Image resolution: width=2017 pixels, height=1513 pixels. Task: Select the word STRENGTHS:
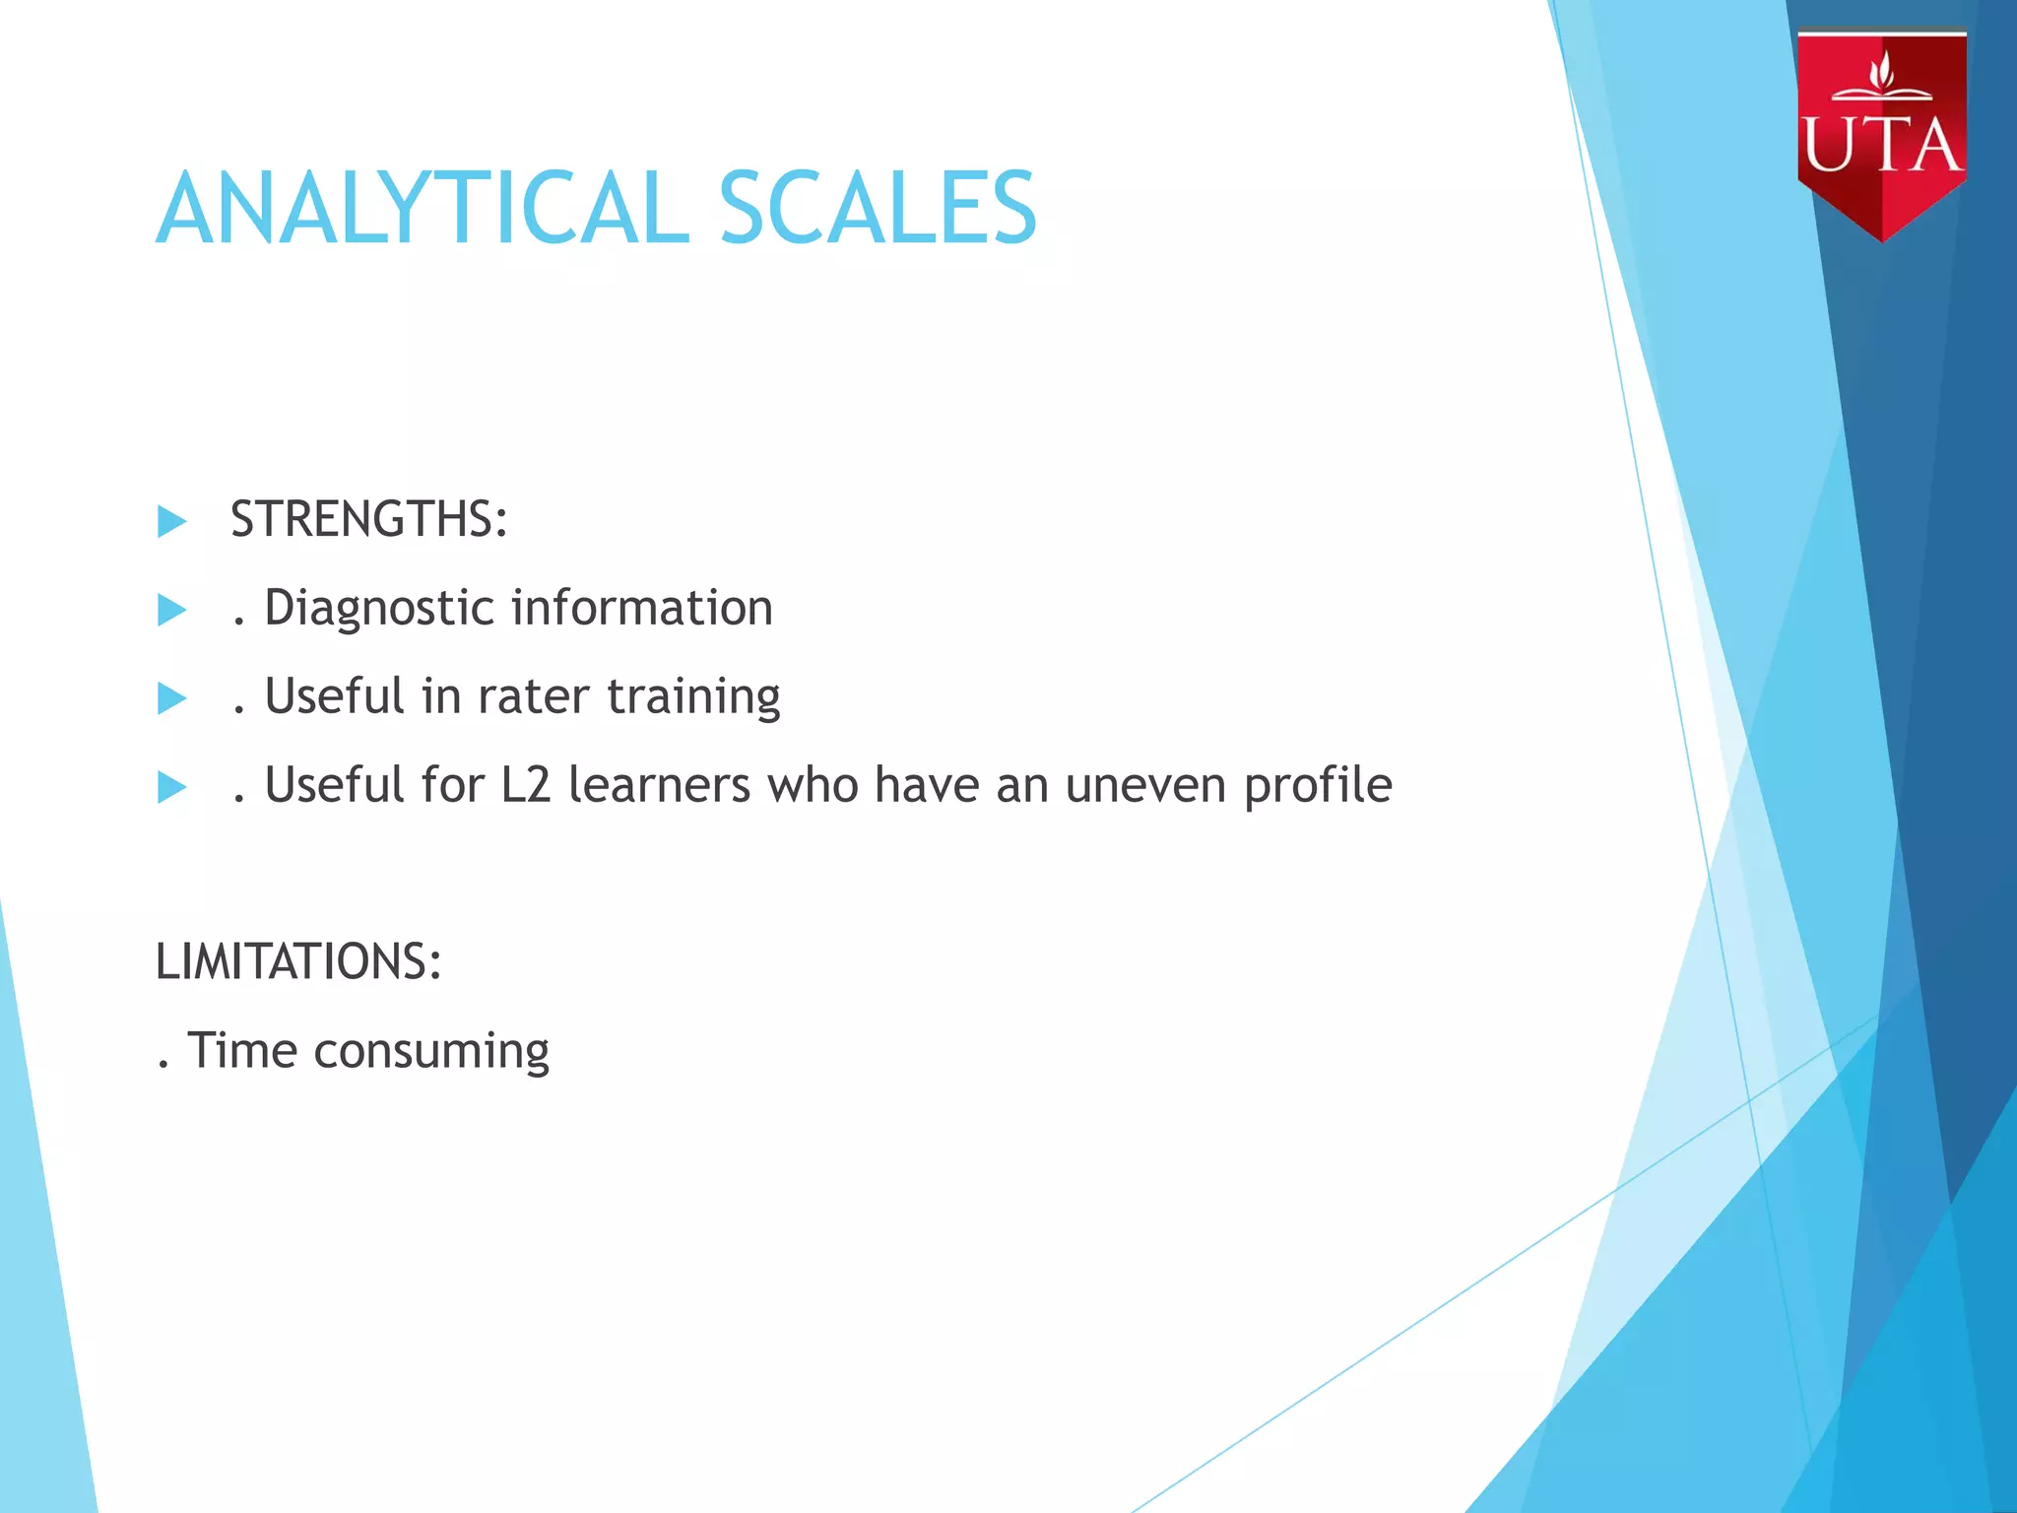(369, 519)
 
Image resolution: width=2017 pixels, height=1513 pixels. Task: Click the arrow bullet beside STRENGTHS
(171, 521)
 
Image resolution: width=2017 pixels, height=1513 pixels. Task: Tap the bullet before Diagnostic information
(171, 610)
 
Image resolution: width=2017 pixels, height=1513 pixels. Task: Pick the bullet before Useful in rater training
(171, 698)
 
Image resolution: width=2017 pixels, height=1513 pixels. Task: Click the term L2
(525, 785)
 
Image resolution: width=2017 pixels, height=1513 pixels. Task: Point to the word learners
(660, 785)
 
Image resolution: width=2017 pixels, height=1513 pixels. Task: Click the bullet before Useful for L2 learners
(171, 787)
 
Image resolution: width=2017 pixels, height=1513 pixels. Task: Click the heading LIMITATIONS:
(298, 961)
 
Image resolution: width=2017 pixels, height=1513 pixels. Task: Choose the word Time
(242, 1050)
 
